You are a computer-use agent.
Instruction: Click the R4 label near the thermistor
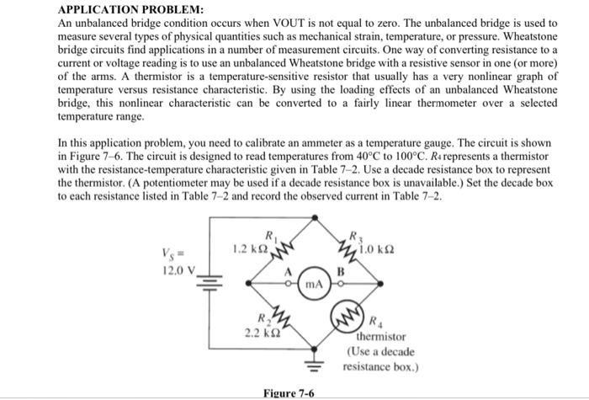(375, 321)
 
